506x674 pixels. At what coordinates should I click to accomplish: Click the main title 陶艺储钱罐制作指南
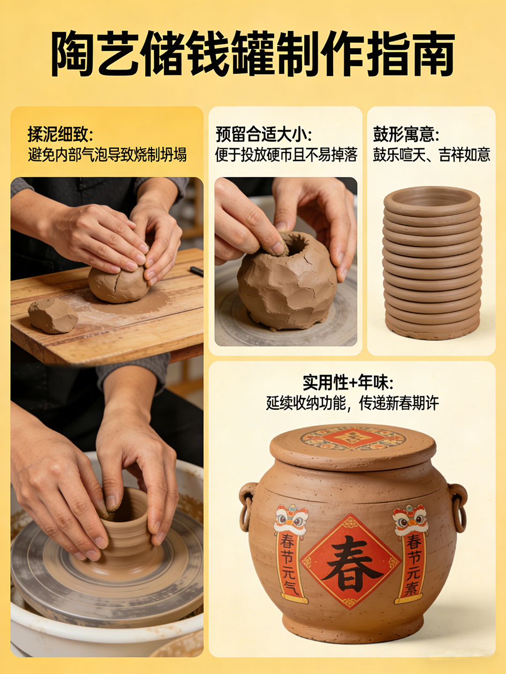coord(253,53)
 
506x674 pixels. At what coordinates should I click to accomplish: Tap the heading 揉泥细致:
coord(60,134)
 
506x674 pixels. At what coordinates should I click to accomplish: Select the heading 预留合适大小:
coord(263,134)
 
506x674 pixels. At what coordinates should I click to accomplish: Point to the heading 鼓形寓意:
coord(406,134)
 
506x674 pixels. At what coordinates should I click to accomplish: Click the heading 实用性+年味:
coord(348,382)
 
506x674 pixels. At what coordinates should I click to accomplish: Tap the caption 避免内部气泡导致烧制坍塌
coord(107,155)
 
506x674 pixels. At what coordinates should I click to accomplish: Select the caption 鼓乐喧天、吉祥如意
coord(432,155)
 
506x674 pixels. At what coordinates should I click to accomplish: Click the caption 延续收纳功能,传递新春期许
coord(352,403)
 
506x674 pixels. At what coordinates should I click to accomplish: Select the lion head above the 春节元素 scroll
coord(410,520)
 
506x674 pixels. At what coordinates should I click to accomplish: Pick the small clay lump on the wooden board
coord(53,315)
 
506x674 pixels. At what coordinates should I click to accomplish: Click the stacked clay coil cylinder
coord(432,264)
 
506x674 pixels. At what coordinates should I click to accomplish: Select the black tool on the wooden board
coord(197,271)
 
